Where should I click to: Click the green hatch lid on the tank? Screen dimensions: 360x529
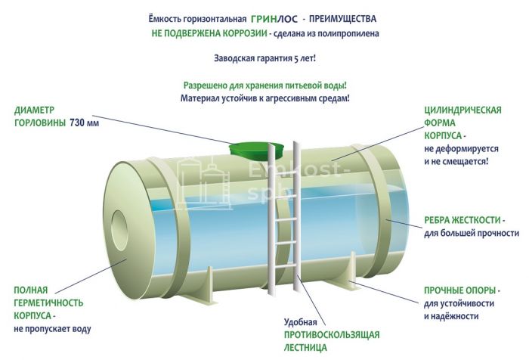(x=258, y=149)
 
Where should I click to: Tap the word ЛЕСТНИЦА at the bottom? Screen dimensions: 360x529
(x=305, y=347)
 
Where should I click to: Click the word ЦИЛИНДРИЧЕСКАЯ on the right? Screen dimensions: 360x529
(x=462, y=110)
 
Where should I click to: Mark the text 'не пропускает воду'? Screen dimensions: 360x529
(x=52, y=330)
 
